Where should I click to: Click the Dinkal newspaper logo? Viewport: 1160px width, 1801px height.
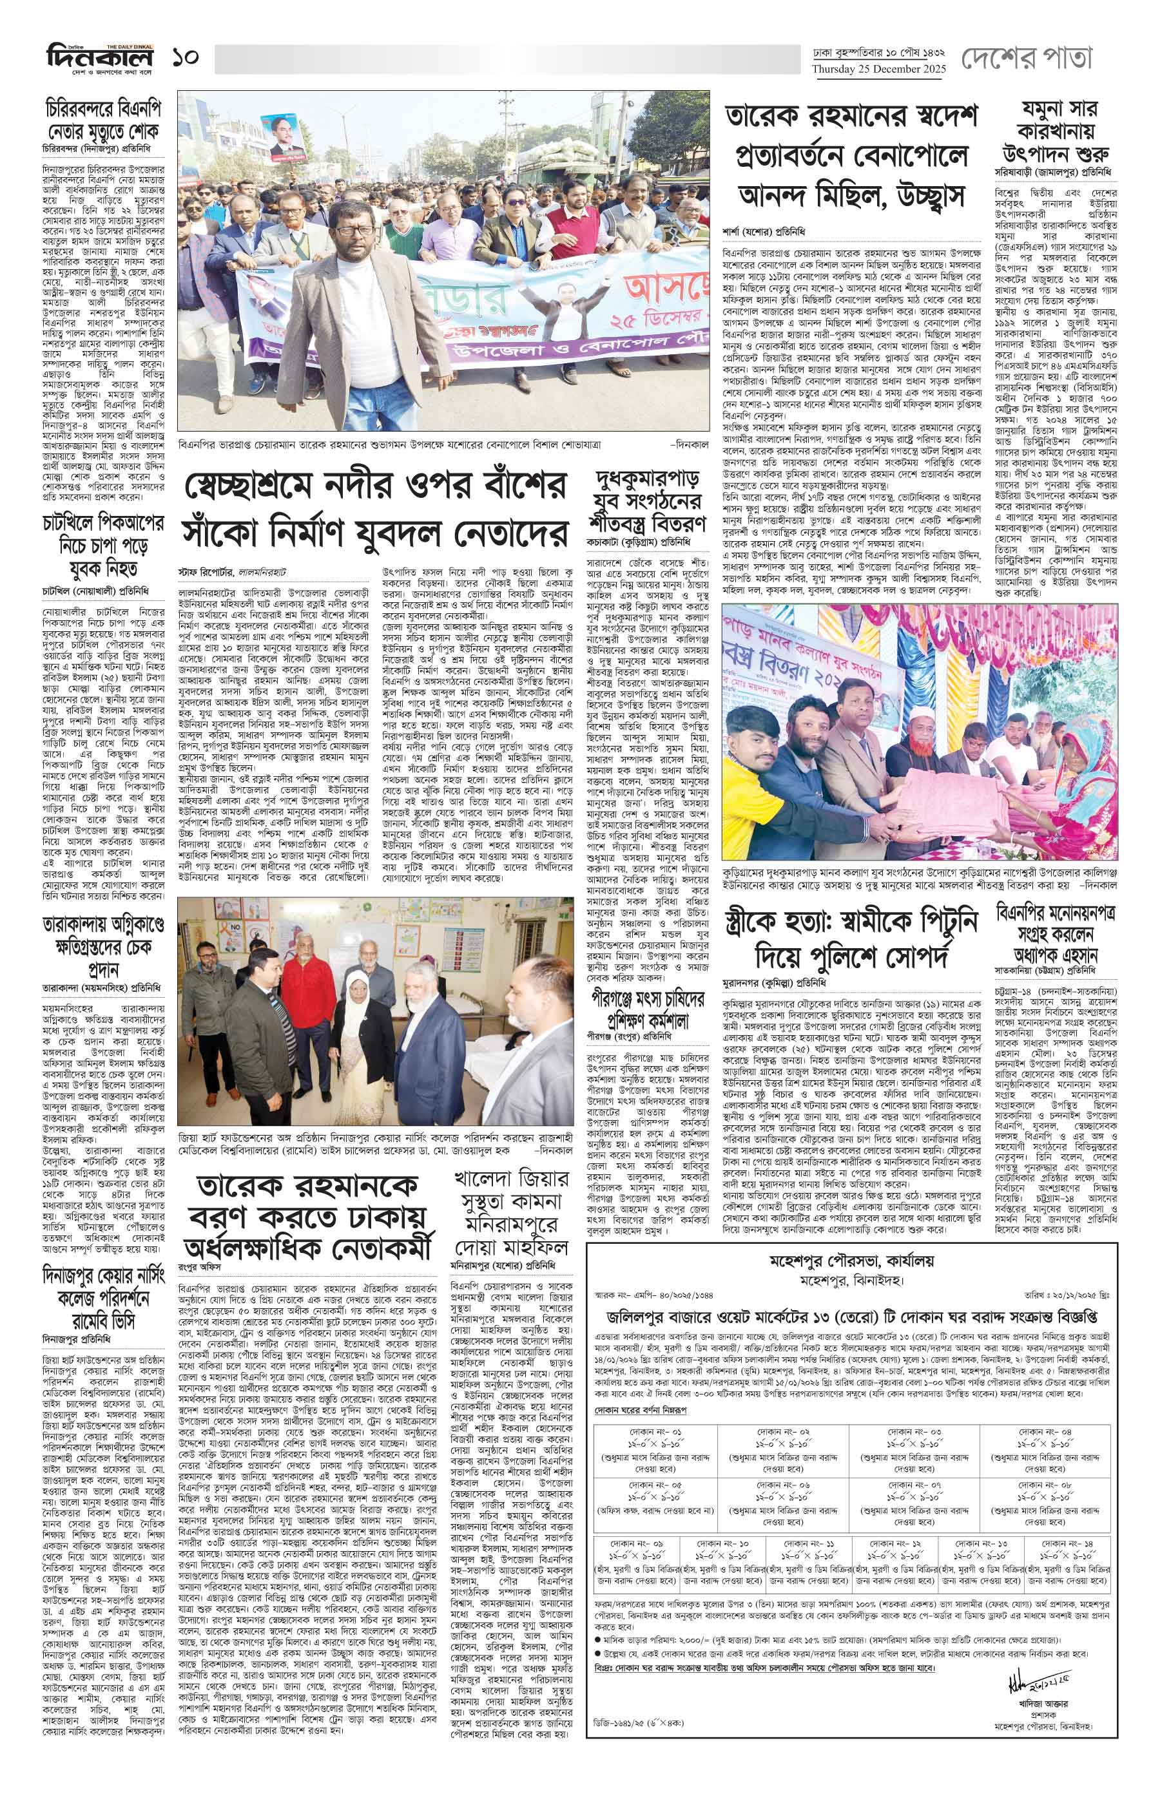[99, 57]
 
